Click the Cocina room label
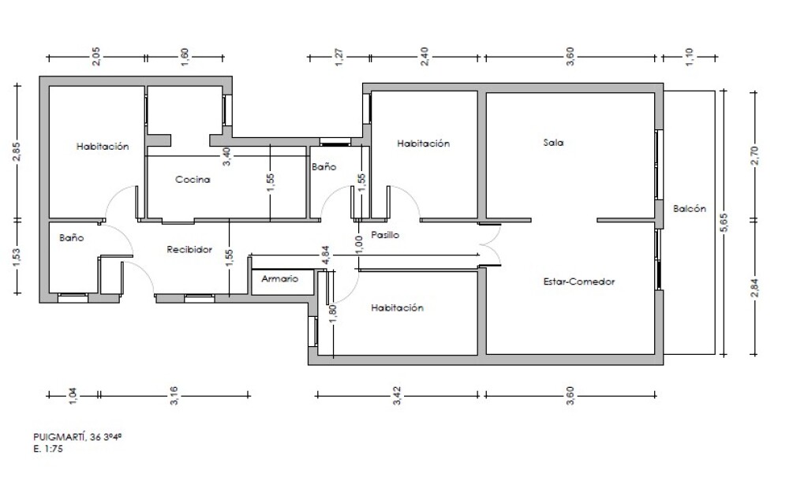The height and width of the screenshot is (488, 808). [193, 180]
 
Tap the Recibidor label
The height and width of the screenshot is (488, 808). [189, 250]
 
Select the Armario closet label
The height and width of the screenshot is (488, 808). [280, 279]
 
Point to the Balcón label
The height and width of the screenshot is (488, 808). [690, 208]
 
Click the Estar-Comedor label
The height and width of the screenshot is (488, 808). [579, 281]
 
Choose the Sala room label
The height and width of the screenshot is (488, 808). [553, 142]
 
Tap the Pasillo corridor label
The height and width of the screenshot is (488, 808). [385, 235]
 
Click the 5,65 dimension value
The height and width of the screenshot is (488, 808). [724, 222]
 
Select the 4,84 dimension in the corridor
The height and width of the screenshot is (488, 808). [325, 255]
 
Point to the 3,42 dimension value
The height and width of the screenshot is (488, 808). [397, 395]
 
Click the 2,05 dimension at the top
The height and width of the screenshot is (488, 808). [96, 57]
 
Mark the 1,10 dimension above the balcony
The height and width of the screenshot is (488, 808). [690, 57]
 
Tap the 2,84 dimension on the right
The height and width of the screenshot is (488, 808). [755, 288]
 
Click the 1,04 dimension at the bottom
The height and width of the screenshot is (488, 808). [73, 395]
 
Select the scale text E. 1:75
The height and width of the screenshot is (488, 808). [48, 449]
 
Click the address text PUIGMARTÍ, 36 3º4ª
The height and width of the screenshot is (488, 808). [77, 437]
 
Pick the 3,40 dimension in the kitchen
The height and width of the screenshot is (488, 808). [226, 156]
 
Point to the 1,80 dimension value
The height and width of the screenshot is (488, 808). [332, 314]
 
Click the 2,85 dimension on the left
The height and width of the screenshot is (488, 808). [17, 152]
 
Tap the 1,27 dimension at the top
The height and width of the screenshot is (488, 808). [339, 57]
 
